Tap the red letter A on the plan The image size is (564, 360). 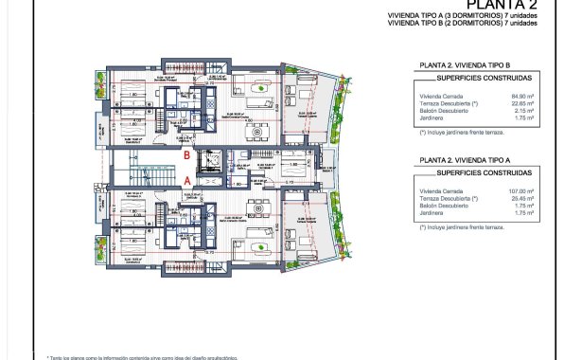187,178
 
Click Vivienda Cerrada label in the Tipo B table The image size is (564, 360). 440,96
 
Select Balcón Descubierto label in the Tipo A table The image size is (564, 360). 443,207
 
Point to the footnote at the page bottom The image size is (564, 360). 142,356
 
